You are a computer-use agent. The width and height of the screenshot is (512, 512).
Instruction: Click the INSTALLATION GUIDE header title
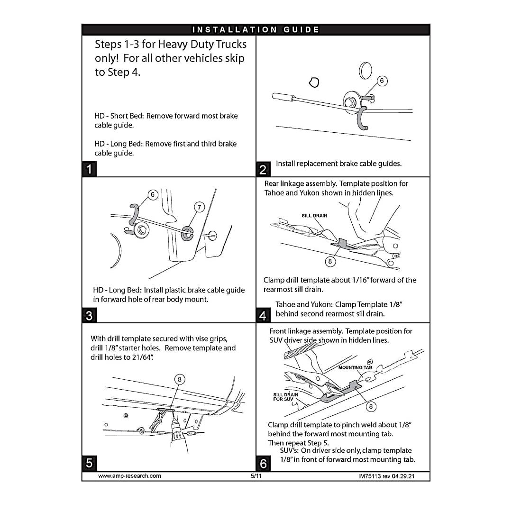(256, 30)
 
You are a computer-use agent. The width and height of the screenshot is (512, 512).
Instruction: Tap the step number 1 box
(90, 169)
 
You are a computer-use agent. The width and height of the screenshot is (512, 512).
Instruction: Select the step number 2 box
(263, 169)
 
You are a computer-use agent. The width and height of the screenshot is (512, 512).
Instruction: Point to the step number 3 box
(90, 315)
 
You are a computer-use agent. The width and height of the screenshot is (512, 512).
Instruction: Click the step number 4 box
(263, 315)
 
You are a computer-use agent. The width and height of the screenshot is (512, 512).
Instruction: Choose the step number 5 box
(90, 463)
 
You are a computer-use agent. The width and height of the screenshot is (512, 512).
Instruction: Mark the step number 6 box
(263, 463)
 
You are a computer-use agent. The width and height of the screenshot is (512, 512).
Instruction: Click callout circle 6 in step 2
(383, 81)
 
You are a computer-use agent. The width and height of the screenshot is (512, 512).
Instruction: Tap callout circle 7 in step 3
(200, 207)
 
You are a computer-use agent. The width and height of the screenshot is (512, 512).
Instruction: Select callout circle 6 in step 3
(153, 195)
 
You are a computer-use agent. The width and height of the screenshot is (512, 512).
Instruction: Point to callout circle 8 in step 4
(330, 261)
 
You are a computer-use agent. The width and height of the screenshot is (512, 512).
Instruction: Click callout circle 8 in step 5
(180, 379)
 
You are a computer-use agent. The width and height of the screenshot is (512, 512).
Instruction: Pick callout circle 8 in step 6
(371, 406)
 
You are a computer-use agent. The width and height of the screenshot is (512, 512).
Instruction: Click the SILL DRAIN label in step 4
(314, 216)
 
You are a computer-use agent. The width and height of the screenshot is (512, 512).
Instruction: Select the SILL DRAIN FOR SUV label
(285, 397)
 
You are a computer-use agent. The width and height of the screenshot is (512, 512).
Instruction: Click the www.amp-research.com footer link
(129, 476)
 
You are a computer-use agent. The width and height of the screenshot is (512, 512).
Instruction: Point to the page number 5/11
(256, 476)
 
